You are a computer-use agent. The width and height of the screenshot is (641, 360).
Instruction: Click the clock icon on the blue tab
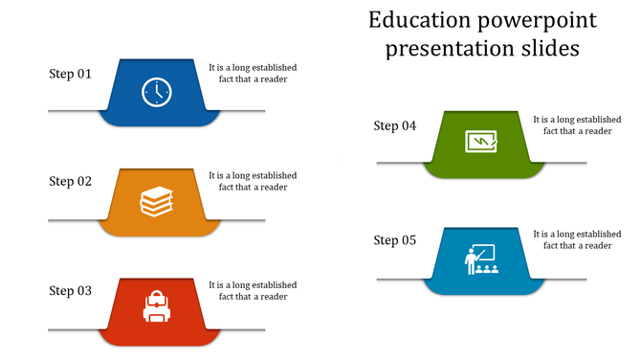pyautogui.click(x=157, y=92)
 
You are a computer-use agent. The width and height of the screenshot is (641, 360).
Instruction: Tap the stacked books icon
pyautogui.click(x=157, y=201)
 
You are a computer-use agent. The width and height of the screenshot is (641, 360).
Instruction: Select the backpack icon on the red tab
pyautogui.click(x=157, y=307)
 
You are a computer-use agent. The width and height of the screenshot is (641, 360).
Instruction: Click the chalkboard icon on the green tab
pyautogui.click(x=481, y=142)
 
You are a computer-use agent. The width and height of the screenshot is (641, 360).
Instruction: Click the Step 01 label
pyautogui.click(x=71, y=74)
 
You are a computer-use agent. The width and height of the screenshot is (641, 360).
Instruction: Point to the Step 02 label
pyautogui.click(x=71, y=181)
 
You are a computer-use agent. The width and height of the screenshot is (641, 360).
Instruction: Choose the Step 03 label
pyautogui.click(x=71, y=291)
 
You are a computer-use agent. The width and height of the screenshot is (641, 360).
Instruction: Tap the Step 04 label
pyautogui.click(x=395, y=125)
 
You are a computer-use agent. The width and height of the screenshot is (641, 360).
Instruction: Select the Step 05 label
pyautogui.click(x=395, y=240)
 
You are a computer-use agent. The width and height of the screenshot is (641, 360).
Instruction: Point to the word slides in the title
pyautogui.click(x=548, y=49)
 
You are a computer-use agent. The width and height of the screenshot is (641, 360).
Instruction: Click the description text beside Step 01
pyautogui.click(x=254, y=74)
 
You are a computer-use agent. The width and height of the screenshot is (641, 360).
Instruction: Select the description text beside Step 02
pyautogui.click(x=254, y=181)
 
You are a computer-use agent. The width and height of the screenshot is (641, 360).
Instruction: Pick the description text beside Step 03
pyautogui.click(x=254, y=291)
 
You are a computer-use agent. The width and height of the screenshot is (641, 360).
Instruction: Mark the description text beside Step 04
pyautogui.click(x=578, y=125)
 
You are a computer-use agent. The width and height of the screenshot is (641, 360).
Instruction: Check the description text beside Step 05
pyautogui.click(x=578, y=239)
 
